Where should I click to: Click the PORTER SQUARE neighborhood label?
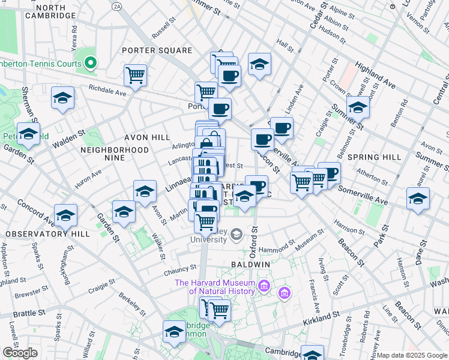157,50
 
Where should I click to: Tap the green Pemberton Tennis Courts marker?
91,62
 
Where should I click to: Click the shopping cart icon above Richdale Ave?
136,76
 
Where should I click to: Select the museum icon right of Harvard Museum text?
285,293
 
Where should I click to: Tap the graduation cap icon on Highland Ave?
358,107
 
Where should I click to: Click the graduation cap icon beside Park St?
418,199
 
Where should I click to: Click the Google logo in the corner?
20,353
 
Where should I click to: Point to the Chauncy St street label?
180,269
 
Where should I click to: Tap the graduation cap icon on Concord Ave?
65,216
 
